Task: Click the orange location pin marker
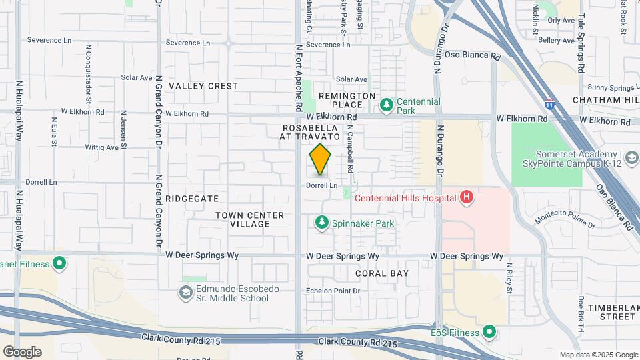(321, 159)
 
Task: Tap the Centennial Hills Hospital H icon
(467, 197)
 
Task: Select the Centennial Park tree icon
(386, 105)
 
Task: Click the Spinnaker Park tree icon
(322, 222)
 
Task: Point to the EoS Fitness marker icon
(489, 331)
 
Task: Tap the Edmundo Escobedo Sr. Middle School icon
(185, 292)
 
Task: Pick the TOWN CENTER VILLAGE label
(250, 219)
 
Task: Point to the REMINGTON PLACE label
(347, 101)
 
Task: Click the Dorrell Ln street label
(323, 185)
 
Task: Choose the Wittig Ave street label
(102, 147)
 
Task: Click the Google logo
(22, 351)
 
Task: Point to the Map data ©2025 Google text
(598, 355)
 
